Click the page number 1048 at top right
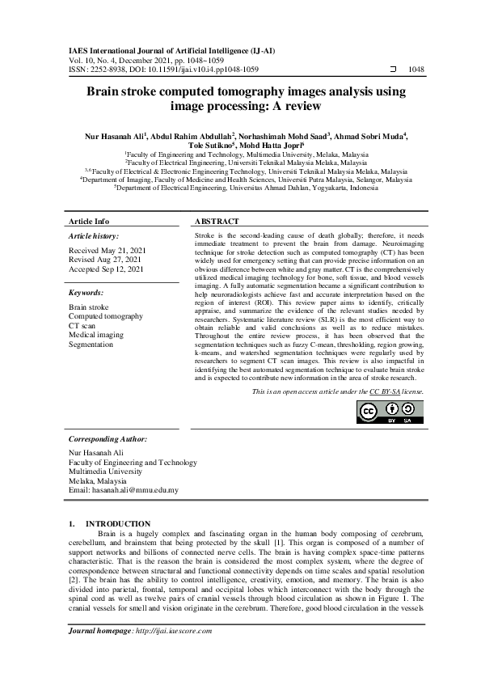[x=416, y=70]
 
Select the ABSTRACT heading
[x=217, y=221]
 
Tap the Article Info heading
[x=89, y=221]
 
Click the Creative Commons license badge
[x=389, y=412]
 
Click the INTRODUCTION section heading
[x=118, y=524]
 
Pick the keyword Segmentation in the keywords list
[x=91, y=345]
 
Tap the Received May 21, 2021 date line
[x=108, y=251]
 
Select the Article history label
[x=95, y=235]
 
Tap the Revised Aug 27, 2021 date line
[x=107, y=260]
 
